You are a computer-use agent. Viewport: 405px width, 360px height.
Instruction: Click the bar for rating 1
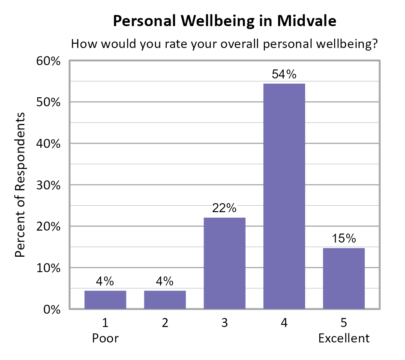(105, 300)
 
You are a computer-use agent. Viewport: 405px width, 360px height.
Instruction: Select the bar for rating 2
(165, 300)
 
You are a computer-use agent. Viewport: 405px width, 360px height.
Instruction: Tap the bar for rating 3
(225, 263)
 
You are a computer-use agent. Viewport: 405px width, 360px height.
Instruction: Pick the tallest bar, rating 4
(284, 196)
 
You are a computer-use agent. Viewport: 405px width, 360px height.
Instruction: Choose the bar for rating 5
(344, 278)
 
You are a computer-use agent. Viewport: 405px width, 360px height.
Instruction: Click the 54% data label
(284, 74)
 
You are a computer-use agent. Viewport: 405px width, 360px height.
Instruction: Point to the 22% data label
(225, 208)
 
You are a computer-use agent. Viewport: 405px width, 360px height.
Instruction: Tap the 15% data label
(344, 239)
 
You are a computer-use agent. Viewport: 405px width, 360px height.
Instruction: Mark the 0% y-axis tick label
(53, 309)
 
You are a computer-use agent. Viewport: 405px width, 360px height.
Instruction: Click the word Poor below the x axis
(105, 339)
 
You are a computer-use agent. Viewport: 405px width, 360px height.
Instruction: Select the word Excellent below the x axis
(344, 339)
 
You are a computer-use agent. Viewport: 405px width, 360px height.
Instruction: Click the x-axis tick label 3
(225, 323)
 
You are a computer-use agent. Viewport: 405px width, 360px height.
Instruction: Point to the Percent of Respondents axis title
(20, 185)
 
